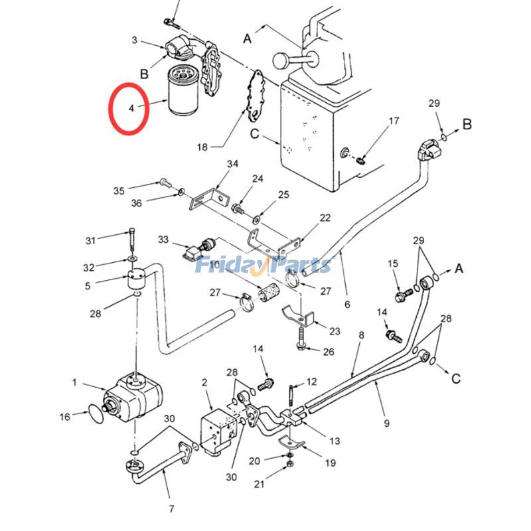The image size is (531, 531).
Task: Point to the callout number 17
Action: [394, 121]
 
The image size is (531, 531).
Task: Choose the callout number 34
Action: [232, 164]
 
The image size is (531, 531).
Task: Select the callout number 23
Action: [334, 331]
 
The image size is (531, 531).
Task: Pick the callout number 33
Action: [163, 239]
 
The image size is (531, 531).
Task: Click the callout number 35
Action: [119, 191]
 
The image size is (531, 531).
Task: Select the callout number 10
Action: [215, 265]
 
